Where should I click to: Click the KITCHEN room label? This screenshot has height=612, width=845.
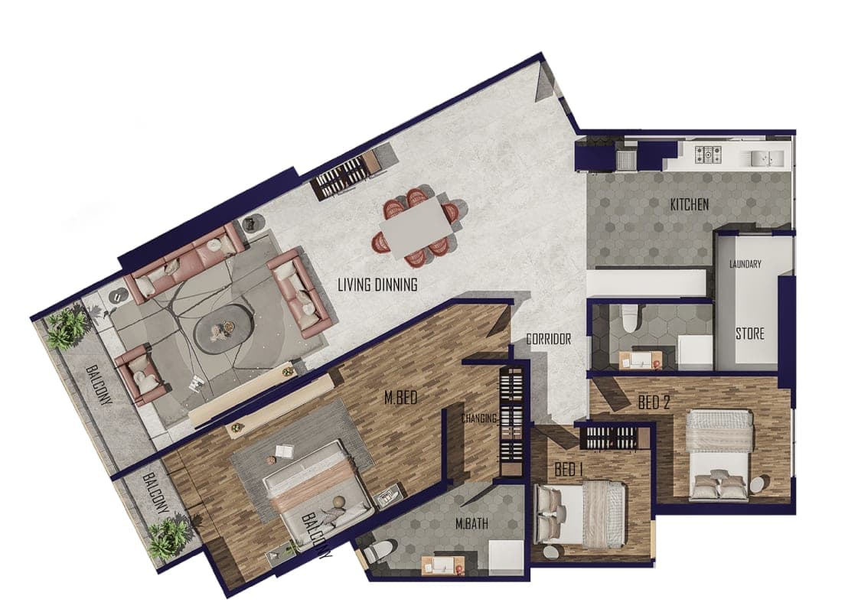[690, 205]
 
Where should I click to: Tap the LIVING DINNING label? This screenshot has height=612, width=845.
[377, 285]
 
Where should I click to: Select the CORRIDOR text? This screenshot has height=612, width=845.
[548, 340]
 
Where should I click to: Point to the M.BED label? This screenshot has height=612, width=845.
[401, 398]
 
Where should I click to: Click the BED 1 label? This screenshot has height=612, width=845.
[569, 470]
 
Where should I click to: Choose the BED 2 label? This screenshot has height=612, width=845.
[654, 402]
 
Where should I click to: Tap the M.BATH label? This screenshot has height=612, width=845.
[471, 522]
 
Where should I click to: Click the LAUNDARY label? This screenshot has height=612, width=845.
[745, 264]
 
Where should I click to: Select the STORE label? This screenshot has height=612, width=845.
[750, 334]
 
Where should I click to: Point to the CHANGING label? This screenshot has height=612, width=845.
[479, 418]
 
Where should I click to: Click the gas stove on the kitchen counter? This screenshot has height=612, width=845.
[707, 155]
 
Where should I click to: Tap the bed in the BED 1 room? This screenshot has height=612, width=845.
[579, 514]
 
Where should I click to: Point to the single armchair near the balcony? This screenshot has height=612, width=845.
[142, 375]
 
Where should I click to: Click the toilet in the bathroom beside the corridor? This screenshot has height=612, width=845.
[629, 317]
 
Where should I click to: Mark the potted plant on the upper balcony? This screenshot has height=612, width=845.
[67, 327]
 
